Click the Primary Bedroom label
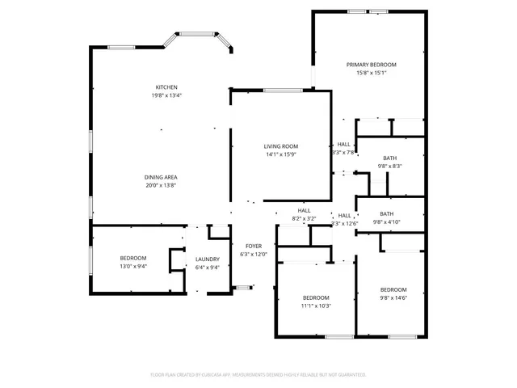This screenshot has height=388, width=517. point(372,65)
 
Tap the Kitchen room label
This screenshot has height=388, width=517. point(166,87)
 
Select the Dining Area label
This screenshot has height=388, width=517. point(161,177)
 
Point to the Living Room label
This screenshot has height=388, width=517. point(280,146)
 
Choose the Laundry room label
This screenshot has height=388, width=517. point(208,259)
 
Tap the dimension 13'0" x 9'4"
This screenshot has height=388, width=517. point(133,267)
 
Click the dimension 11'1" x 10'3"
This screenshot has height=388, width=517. point(316,306)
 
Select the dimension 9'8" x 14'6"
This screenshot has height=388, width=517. point(393,297)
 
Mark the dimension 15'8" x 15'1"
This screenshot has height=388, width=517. point(372,73)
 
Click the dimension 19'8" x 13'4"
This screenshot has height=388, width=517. point(166,95)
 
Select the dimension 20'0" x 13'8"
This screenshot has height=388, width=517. point(161,185)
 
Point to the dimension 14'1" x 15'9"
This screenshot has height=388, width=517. point(280,154)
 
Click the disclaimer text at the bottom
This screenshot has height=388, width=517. point(258,375)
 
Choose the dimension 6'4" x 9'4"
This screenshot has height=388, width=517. point(208,267)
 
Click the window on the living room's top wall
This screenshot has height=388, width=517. point(283,90)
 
